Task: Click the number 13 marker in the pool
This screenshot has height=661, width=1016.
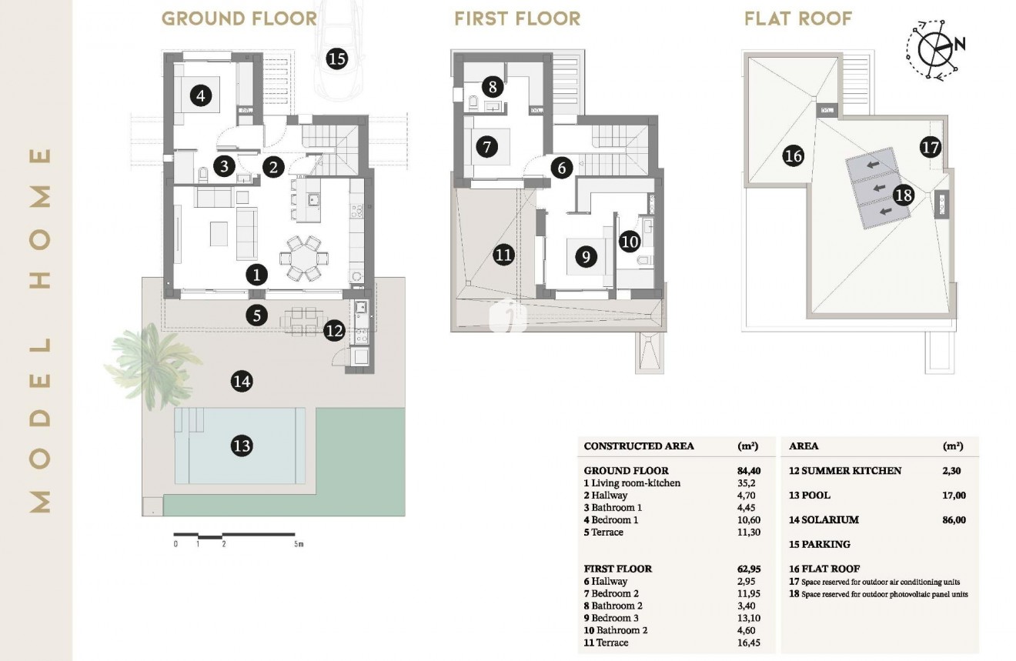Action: [x=241, y=446]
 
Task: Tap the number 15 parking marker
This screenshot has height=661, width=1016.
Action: [x=336, y=58]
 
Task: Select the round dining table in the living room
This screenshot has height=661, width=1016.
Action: [x=302, y=258]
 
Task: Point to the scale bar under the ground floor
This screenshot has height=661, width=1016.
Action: [x=234, y=535]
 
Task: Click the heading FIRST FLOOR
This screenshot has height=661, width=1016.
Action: [x=517, y=18]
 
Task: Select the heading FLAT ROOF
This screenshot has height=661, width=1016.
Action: [x=798, y=18]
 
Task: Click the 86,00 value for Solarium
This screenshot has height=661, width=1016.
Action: [x=954, y=520]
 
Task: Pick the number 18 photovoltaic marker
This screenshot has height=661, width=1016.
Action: [x=903, y=195]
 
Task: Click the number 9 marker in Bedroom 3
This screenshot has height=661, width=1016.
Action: [x=586, y=257]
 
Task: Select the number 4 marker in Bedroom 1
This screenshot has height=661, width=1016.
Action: [x=200, y=97]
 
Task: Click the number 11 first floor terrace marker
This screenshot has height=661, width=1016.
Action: [x=503, y=255]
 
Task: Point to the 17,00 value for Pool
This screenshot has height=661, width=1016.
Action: [x=954, y=496]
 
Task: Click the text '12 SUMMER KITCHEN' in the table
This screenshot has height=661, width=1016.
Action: [x=845, y=471]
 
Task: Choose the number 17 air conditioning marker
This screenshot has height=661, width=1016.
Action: [x=931, y=147]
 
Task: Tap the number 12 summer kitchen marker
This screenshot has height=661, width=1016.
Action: [x=334, y=332]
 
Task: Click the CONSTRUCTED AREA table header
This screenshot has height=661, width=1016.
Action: [x=639, y=446]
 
